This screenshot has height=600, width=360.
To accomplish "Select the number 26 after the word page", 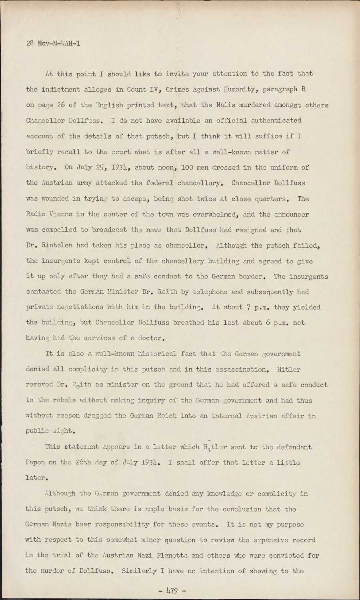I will click(x=61, y=105).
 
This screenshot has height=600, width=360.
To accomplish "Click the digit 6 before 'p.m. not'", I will click(x=268, y=322).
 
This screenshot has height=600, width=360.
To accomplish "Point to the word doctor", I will click(x=151, y=338).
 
